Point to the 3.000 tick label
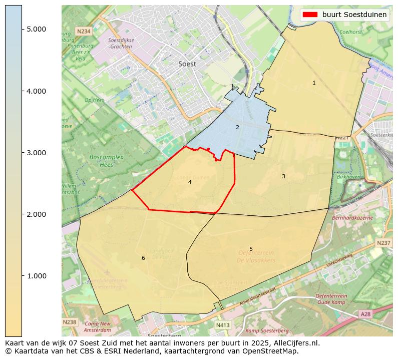pyautogui.click(x=37, y=153)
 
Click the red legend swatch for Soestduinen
pyautogui.click(x=310, y=15)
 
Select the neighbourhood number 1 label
pyautogui.click(x=314, y=83)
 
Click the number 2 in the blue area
pyautogui.click(x=237, y=127)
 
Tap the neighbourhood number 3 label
pyautogui.click(x=283, y=176)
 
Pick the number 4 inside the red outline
pyautogui.click(x=190, y=182)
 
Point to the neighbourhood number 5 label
pyautogui.click(x=251, y=249)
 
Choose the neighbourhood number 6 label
pyautogui.click(x=143, y=258)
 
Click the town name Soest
pyautogui.click(x=187, y=64)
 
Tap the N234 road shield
pyautogui.click(x=84, y=31)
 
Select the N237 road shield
pyautogui.click(x=383, y=243)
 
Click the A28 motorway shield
pyautogui.click(x=366, y=313)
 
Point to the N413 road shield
pyautogui.click(x=223, y=325)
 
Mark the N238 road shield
pyautogui.click(x=70, y=322)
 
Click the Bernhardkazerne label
pyautogui.click(x=352, y=218)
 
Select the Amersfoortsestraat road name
pyautogui.click(x=258, y=296)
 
